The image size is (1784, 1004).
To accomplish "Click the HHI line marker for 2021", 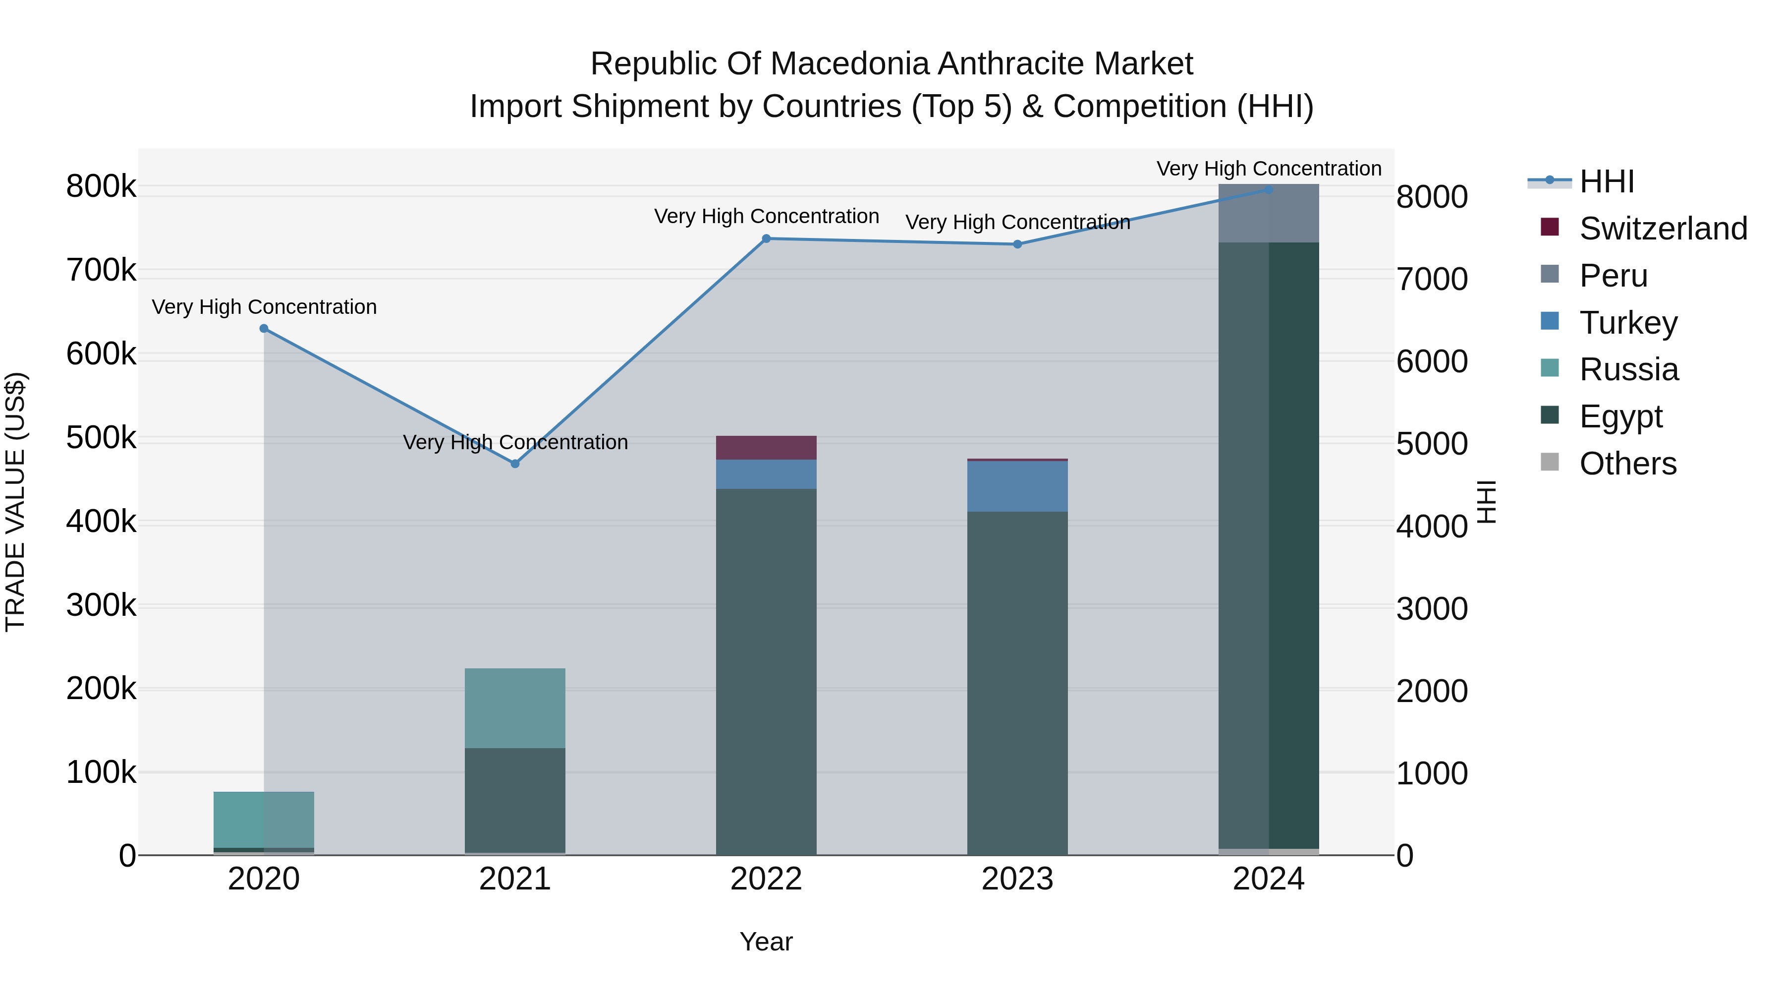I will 514,464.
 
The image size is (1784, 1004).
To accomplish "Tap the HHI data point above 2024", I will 1269,189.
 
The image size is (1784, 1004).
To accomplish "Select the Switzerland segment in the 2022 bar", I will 766,448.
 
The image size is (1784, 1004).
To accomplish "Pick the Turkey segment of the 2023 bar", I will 1017,486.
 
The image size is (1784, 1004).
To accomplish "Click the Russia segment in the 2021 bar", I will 514,708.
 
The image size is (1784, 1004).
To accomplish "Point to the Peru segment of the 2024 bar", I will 1269,213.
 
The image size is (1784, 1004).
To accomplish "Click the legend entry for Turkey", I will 1627,322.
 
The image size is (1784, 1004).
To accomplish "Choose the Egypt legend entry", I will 1620,416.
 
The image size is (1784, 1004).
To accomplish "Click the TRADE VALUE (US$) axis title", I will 15,502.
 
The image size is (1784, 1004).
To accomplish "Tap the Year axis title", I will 766,942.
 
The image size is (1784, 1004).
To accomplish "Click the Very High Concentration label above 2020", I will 264,307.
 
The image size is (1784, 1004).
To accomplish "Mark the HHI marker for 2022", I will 766,238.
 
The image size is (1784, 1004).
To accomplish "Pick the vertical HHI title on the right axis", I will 1487,502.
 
